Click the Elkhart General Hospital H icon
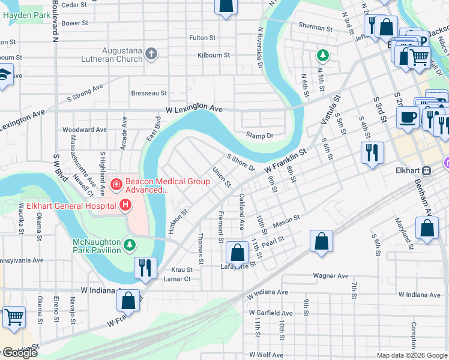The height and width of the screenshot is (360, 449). (125, 206)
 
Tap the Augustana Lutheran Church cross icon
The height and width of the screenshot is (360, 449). (151, 55)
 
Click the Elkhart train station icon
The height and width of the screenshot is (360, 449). (427, 170)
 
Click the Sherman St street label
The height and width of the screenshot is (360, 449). (316, 28)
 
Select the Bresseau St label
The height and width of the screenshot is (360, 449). (148, 93)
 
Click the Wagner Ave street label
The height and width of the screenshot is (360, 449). (330, 276)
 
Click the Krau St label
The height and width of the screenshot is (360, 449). (181, 270)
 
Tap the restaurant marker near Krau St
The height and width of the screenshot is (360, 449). (145, 268)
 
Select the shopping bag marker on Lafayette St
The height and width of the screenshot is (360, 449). (238, 252)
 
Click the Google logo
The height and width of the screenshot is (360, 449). (19, 353)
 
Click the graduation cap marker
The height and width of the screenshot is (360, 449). (5, 74)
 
